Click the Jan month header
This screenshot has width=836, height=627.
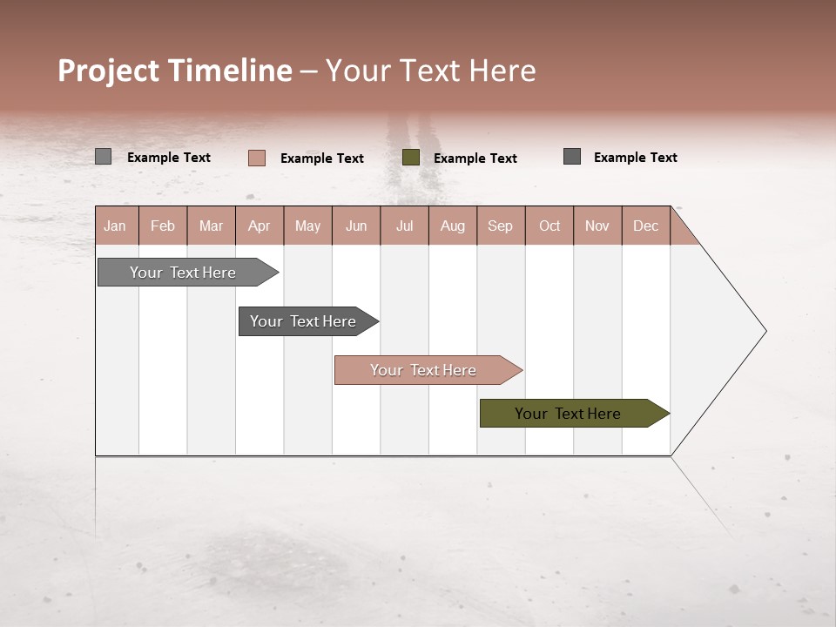coord(116,226)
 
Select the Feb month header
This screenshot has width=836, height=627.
coord(163,226)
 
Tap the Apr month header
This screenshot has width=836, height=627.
coord(260,226)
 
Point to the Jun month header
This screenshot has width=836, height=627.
coord(356,226)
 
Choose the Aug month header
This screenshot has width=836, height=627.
coord(453,226)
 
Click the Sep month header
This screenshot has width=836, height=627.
coord(501,226)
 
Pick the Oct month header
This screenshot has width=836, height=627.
coord(549,226)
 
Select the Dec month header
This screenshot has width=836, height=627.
coord(646,226)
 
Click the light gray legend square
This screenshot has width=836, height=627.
coord(103,157)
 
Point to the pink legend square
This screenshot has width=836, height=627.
coord(257,158)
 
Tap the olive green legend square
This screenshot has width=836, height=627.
coord(411,158)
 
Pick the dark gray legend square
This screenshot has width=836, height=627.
coord(572,157)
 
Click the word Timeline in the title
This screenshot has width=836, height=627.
coord(229,71)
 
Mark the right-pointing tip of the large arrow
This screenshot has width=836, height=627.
coord(764,331)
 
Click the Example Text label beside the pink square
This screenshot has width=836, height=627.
coord(322,158)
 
